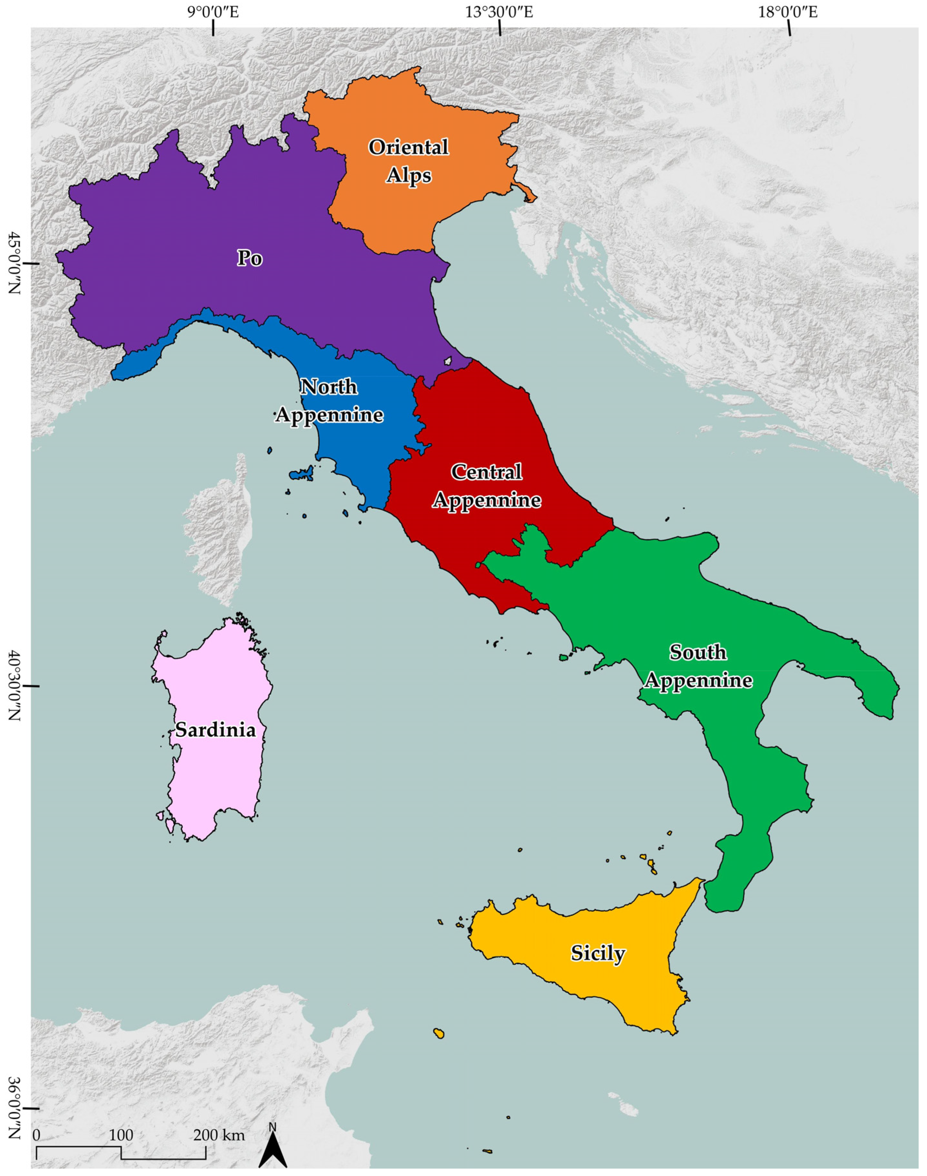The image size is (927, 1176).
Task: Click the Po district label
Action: pyautogui.click(x=250, y=258)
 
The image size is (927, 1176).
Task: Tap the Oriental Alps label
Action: pyautogui.click(x=409, y=161)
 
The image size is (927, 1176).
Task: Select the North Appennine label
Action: pyautogui.click(x=329, y=401)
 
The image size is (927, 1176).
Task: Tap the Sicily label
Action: pyautogui.click(x=598, y=953)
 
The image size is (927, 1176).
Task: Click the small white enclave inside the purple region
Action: pyautogui.click(x=448, y=360)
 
